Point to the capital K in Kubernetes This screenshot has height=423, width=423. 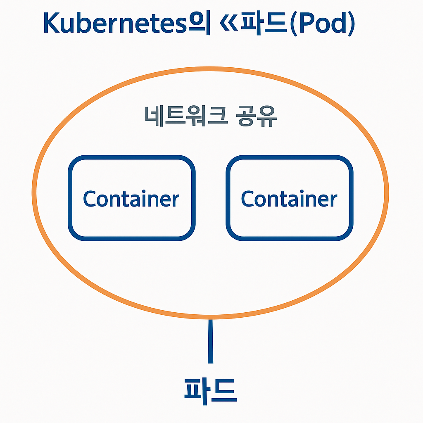click(x=51, y=24)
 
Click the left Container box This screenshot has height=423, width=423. click(x=131, y=198)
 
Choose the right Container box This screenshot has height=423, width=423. click(x=289, y=198)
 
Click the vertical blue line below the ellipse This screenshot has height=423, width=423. click(x=211, y=341)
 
